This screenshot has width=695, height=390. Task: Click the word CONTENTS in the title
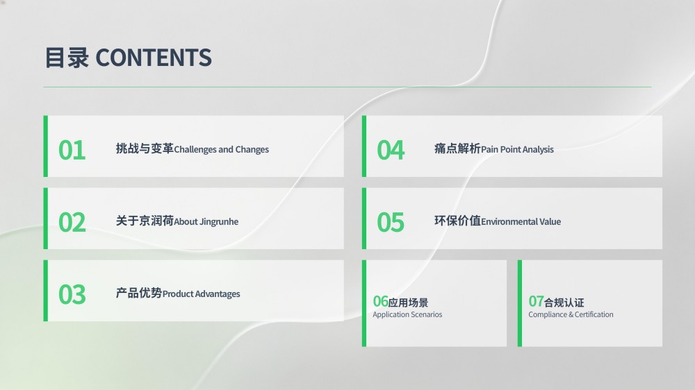[154, 58]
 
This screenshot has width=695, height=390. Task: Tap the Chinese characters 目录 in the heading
[67, 58]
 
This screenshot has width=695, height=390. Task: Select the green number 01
[72, 150]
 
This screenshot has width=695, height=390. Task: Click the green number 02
[72, 222]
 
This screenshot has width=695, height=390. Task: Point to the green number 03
[72, 294]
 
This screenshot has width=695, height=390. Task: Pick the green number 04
[391, 150]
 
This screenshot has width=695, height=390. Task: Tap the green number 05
[391, 222]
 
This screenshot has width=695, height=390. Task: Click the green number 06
[380, 301]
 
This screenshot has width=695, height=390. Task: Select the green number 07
[536, 301]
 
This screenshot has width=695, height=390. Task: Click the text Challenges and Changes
[221, 150]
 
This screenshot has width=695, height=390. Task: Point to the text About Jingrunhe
[206, 222]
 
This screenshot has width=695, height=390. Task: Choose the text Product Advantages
[202, 294]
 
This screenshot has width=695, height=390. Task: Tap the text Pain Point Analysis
[517, 150]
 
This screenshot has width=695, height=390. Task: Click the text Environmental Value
[521, 222]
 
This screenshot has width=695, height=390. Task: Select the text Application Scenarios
[407, 315]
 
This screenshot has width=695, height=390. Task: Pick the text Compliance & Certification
[571, 315]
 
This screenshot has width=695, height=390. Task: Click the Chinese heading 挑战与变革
[145, 149]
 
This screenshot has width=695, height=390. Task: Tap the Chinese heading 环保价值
[457, 221]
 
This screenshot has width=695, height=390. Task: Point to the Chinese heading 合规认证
[564, 303]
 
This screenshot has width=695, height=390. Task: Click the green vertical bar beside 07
[520, 303]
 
